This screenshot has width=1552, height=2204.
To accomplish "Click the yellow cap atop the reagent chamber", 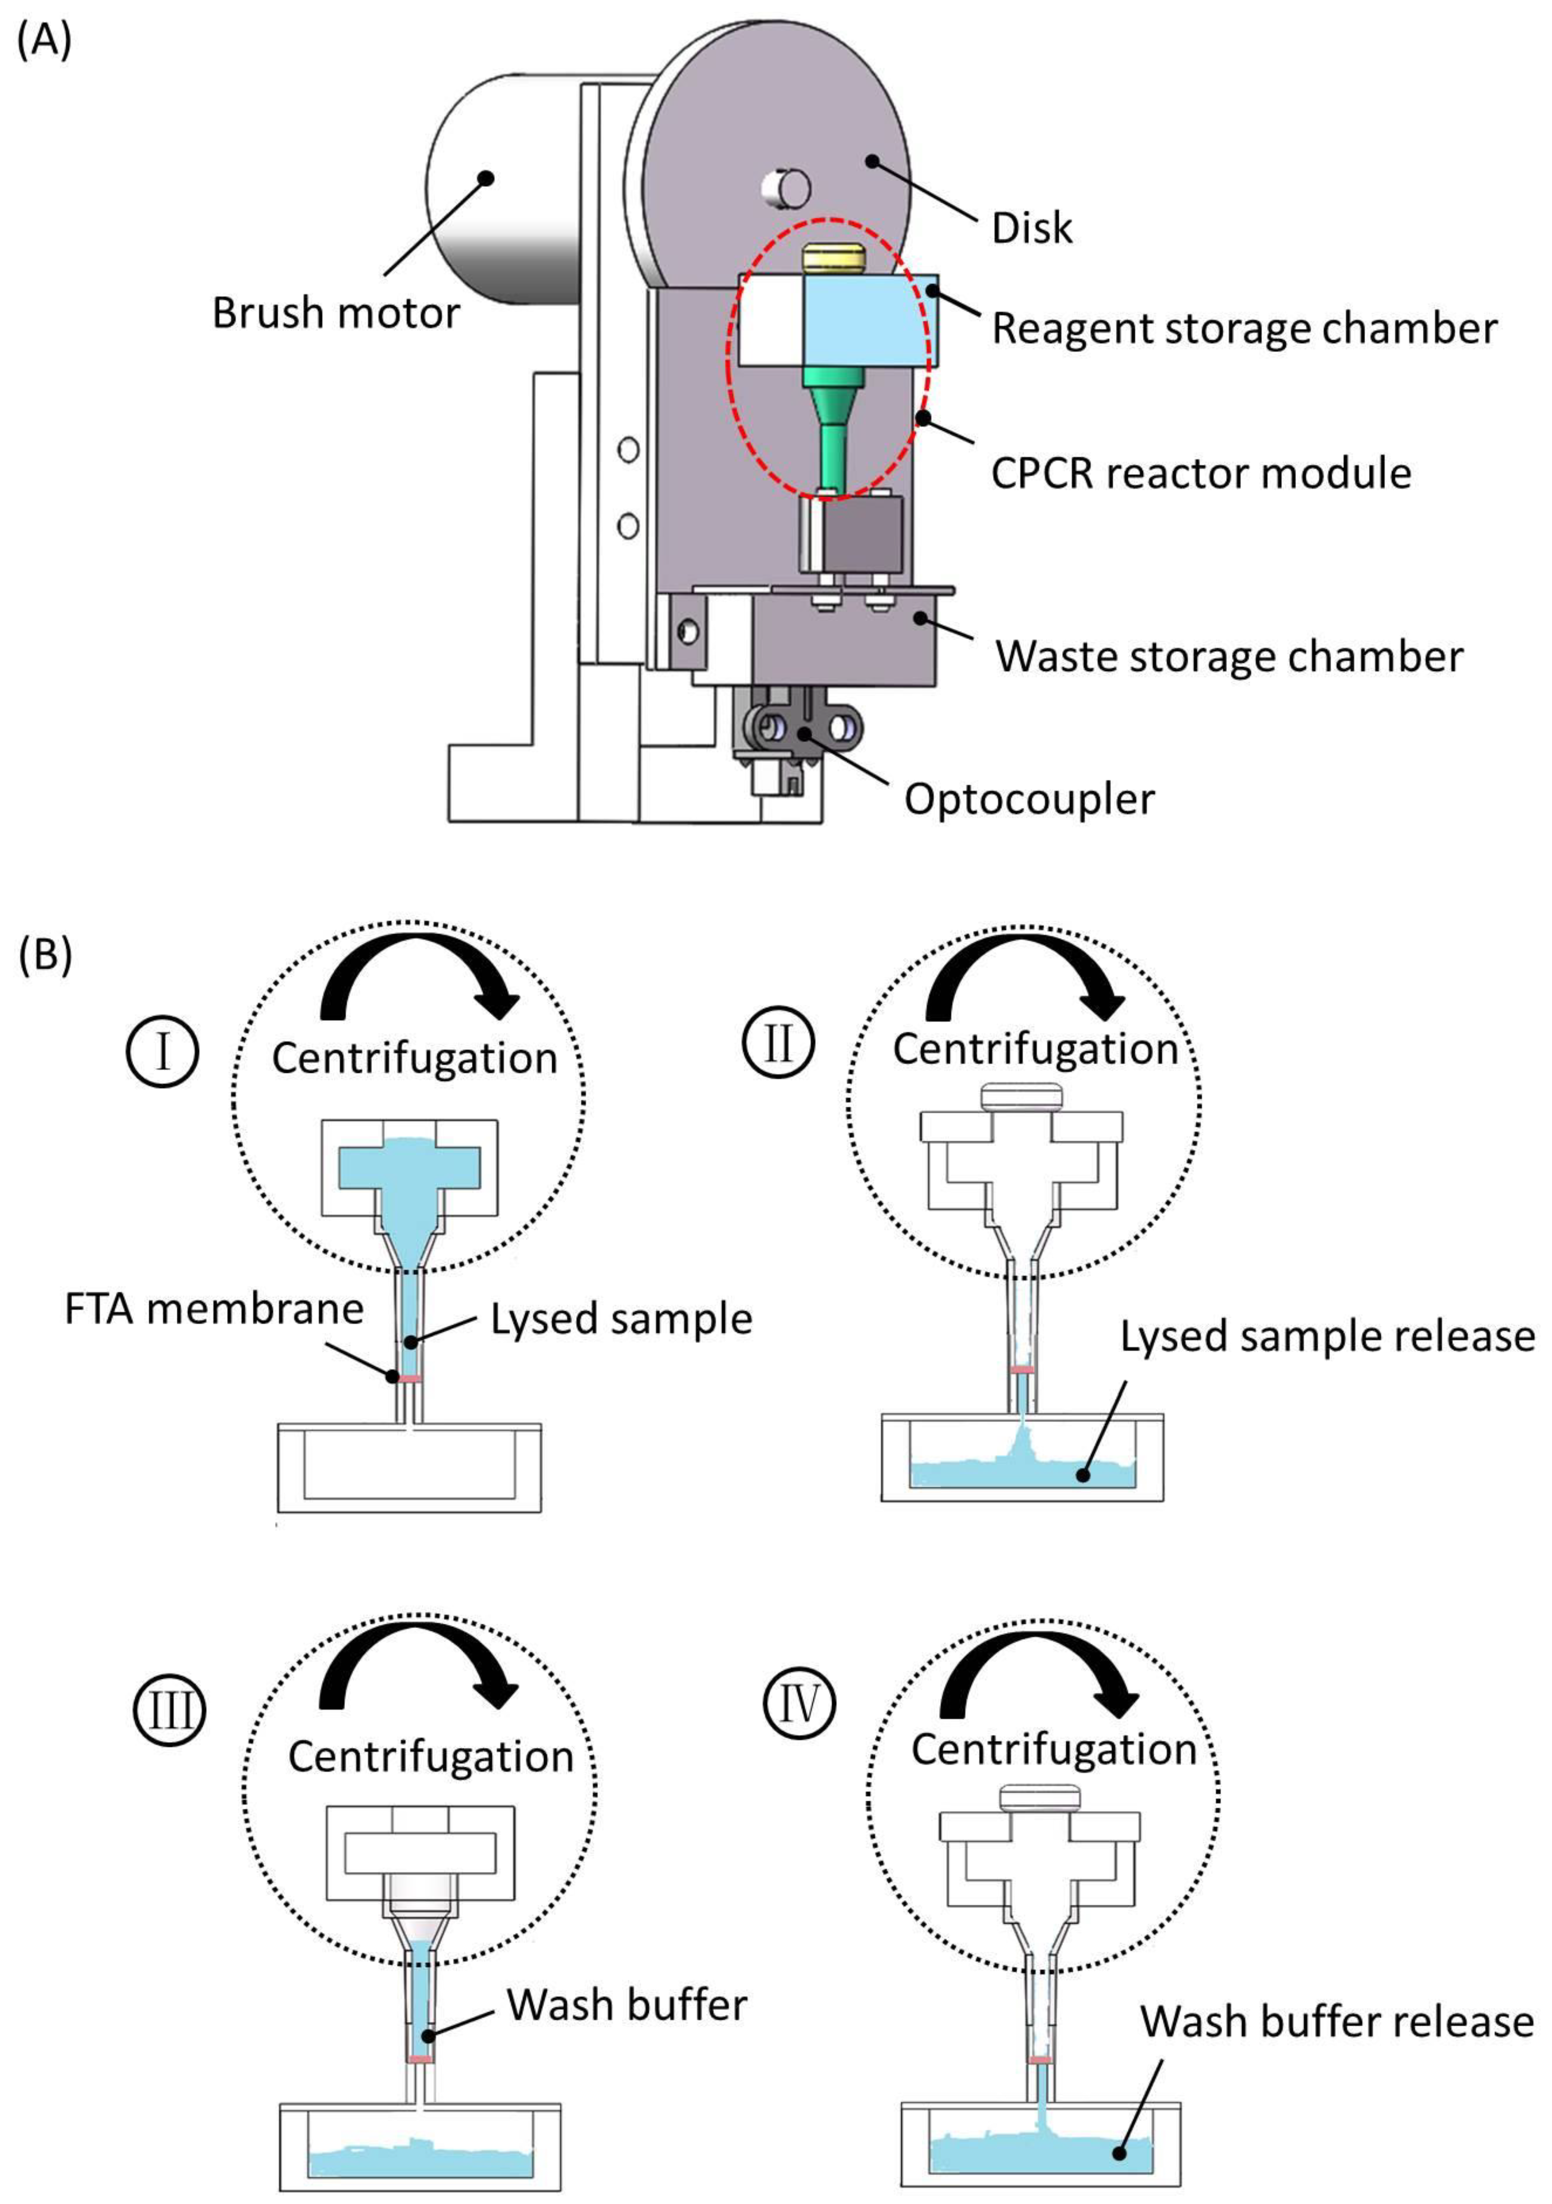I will (x=833, y=257).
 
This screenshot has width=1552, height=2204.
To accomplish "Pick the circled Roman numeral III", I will (x=170, y=1709).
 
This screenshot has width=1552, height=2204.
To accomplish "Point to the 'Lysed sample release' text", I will (x=1327, y=1336).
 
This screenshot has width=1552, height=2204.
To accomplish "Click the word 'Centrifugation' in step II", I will (x=1035, y=1049).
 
